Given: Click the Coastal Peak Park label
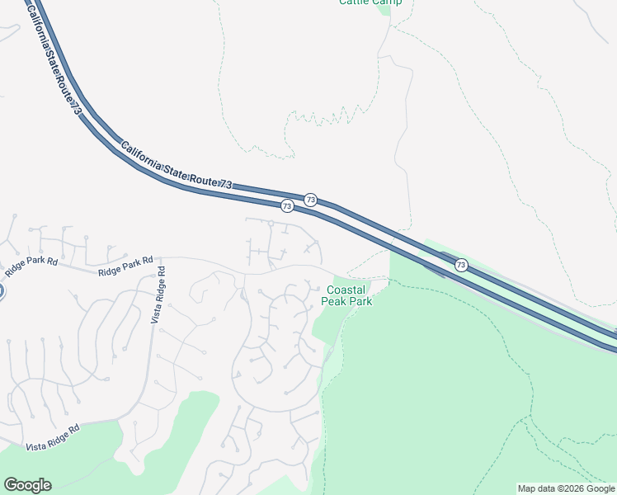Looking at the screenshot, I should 346,295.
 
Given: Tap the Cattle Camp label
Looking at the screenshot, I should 370,2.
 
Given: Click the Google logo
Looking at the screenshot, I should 27,485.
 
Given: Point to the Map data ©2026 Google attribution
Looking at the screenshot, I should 566,488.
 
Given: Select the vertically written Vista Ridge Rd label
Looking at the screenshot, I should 157,295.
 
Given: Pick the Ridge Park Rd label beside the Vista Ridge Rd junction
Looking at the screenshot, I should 125,266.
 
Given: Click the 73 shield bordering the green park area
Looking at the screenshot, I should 461,265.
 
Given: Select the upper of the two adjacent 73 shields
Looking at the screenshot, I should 310,200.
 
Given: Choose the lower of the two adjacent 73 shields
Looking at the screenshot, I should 286,205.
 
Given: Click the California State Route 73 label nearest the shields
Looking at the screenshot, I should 177,168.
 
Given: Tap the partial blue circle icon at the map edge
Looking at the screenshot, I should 2,290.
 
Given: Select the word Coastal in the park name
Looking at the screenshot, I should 346,290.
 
